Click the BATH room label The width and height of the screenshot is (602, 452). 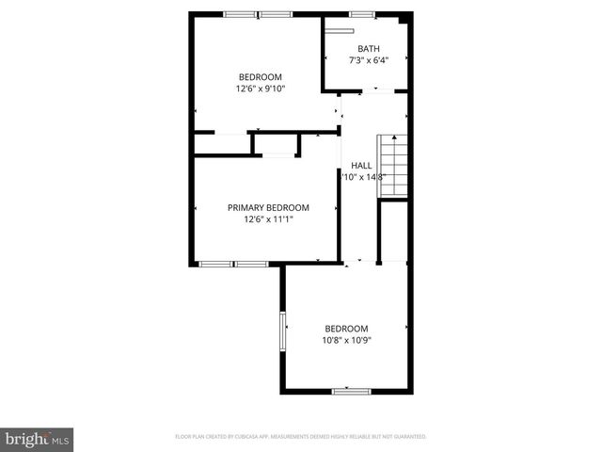(368, 49)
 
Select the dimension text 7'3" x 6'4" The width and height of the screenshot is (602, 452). (368, 61)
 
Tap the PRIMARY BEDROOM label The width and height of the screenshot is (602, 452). (268, 207)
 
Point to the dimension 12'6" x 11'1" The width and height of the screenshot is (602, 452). (268, 219)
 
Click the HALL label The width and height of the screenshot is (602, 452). (361, 165)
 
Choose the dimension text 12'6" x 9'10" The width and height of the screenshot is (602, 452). (261, 89)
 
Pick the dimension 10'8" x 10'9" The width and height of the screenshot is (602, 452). (348, 340)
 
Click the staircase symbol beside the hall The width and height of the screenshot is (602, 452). (392, 166)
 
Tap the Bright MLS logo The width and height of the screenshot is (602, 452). (38, 439)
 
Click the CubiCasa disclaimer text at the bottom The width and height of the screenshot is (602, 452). (301, 437)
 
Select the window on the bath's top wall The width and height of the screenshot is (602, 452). (362, 14)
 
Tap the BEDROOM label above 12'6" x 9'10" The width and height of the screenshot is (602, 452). (261, 76)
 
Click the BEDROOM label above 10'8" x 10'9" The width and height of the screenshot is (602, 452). (348, 328)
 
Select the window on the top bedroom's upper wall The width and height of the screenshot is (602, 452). (257, 14)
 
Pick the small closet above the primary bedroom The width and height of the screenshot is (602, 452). (276, 144)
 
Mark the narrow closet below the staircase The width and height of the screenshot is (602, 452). (392, 231)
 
